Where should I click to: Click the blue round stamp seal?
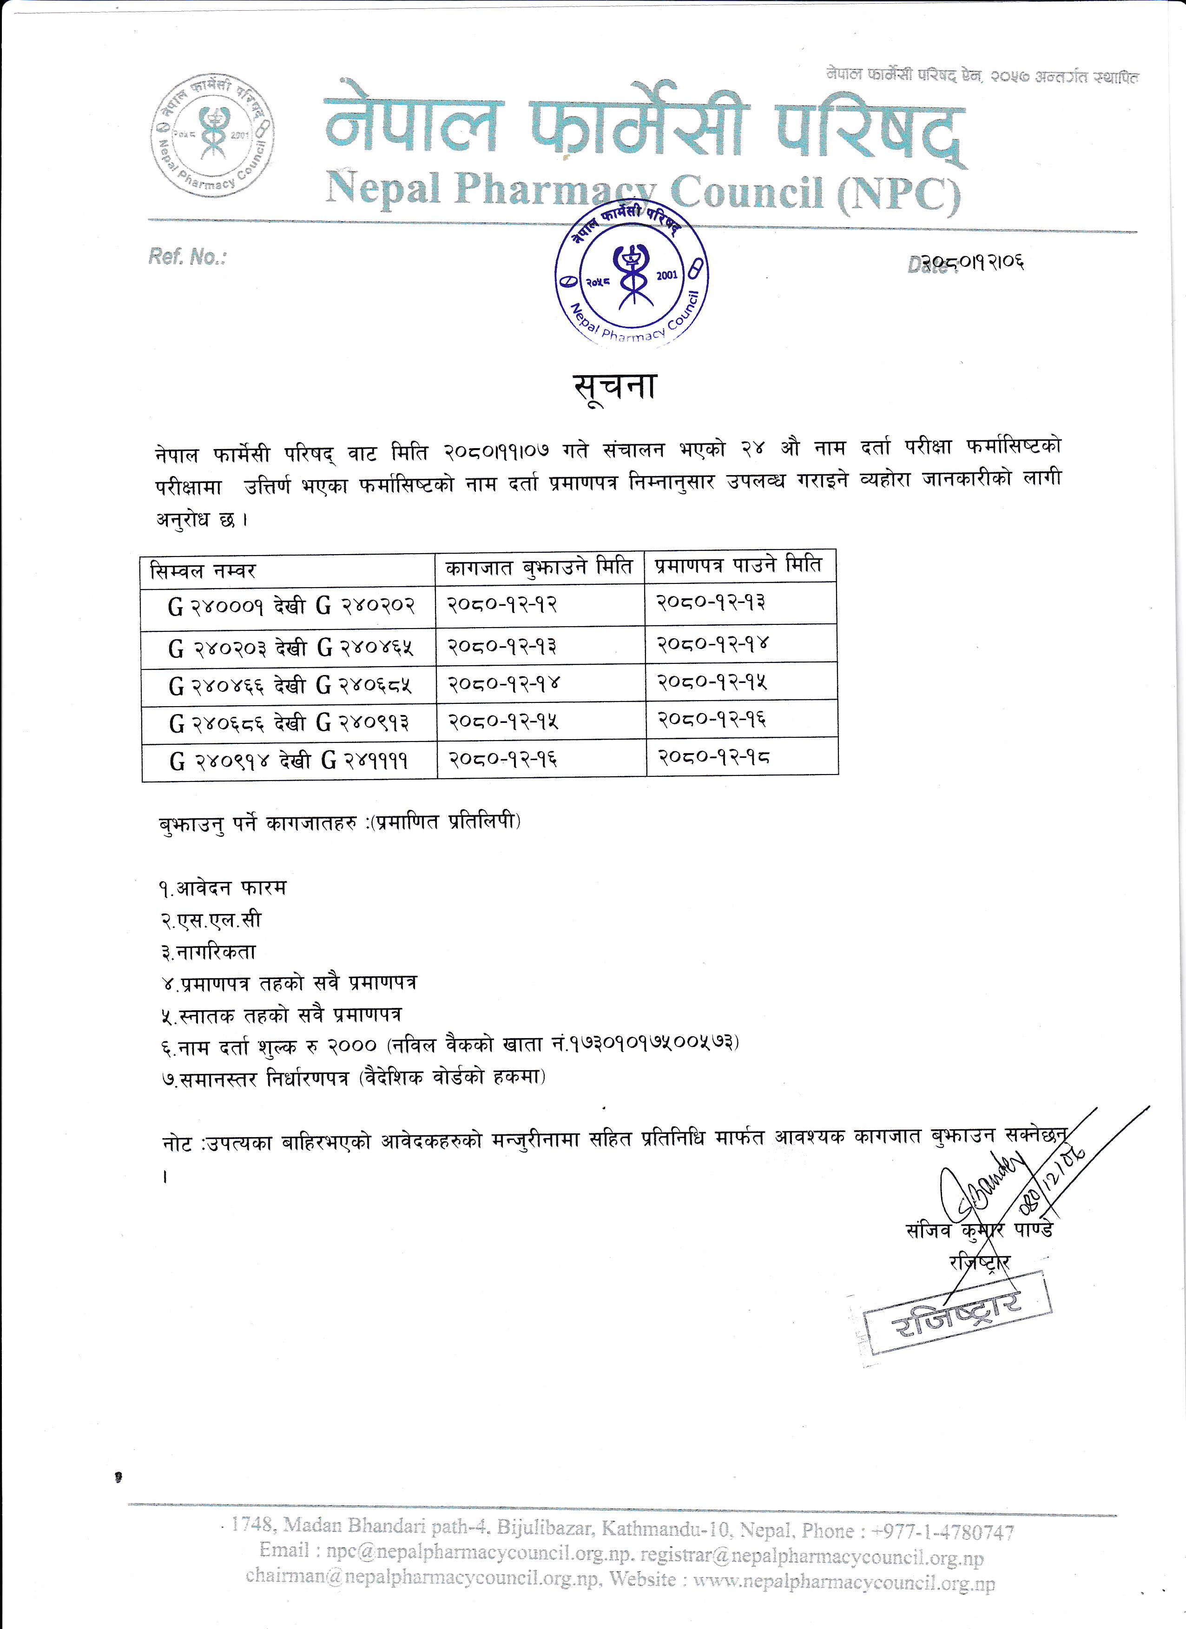click(632, 277)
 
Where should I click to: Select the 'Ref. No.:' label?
click(187, 257)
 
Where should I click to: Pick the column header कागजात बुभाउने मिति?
click(539, 568)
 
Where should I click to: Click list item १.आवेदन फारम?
click(223, 888)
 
